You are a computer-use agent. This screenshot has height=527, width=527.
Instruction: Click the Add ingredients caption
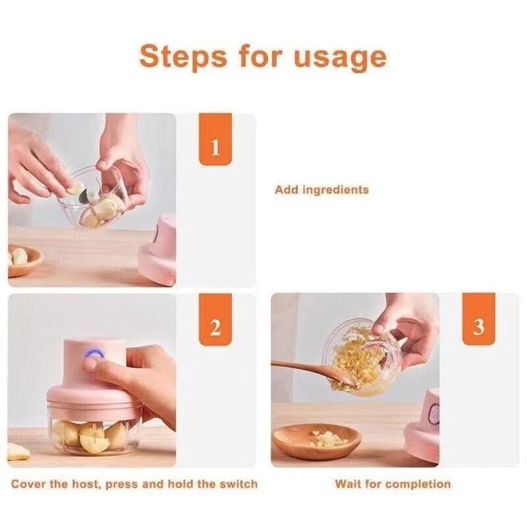[x=321, y=190]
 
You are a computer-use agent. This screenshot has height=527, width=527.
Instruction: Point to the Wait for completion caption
[x=393, y=483]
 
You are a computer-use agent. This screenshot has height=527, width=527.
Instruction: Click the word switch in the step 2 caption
[x=236, y=483]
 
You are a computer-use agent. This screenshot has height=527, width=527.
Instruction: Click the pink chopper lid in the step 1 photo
[x=159, y=252]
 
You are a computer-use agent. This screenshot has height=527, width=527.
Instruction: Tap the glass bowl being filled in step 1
[x=98, y=200]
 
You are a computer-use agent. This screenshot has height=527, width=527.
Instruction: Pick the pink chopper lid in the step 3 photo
[x=424, y=425]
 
